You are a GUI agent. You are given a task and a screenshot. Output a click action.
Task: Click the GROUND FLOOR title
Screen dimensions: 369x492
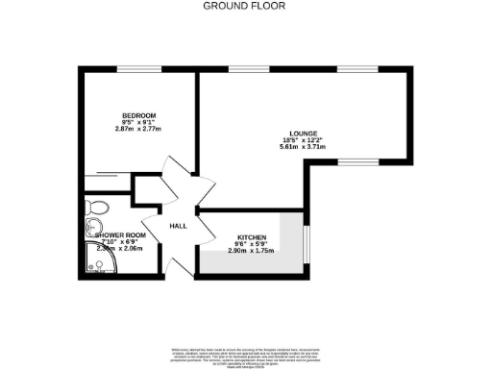[246, 6]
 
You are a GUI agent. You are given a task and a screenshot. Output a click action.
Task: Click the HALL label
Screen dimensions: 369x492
[178, 226]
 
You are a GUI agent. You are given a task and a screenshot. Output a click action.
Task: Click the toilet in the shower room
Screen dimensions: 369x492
[96, 207]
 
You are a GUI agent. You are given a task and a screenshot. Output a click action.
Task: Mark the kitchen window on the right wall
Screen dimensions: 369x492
[307, 245]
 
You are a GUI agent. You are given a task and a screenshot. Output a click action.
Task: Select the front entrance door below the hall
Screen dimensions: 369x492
[175, 263]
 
